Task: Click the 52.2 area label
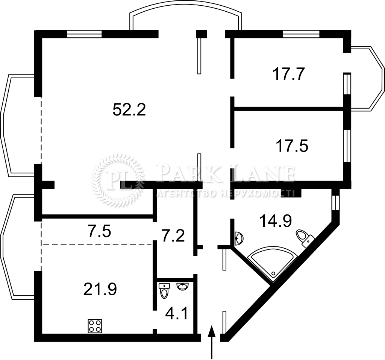(129, 109)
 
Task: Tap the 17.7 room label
(289, 74)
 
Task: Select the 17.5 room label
(292, 146)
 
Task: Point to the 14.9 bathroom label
(276, 221)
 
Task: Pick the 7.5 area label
(99, 232)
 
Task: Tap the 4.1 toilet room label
(177, 314)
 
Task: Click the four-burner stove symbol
(95, 326)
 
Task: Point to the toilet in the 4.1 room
(164, 291)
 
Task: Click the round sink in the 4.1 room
(182, 286)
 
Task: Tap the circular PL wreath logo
(118, 181)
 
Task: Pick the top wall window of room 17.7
(301, 34)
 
